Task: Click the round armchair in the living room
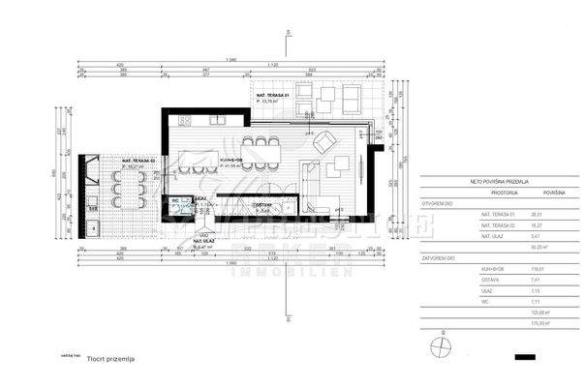(x=323, y=145)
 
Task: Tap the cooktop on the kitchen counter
(x=186, y=121)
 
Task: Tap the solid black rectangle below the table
(x=526, y=356)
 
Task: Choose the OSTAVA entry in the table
(x=489, y=281)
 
